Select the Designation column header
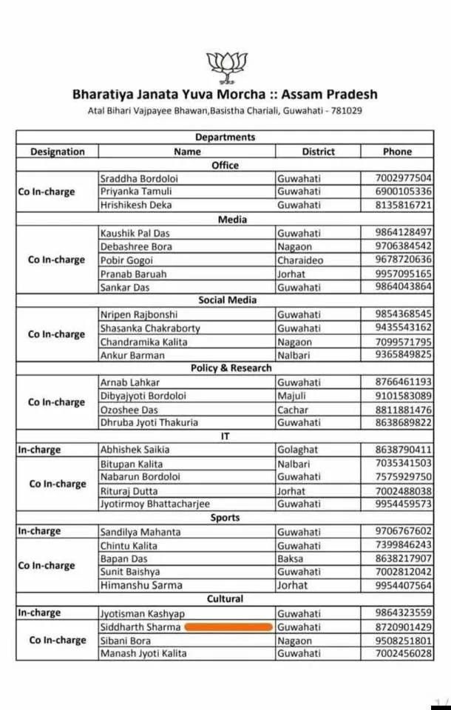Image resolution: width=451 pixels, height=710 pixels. [x=57, y=152]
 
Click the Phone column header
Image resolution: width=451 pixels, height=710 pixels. [x=397, y=152]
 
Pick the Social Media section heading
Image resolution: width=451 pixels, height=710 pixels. [x=227, y=300]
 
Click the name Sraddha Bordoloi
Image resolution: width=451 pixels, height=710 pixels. [x=139, y=178]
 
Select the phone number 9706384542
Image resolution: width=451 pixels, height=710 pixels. [x=403, y=246]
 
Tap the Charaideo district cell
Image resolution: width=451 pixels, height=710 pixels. [x=299, y=260]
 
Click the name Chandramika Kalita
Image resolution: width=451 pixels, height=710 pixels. [x=143, y=342]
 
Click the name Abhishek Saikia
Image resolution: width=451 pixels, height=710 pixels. [x=135, y=450]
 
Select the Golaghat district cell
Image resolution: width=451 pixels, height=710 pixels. [x=297, y=450]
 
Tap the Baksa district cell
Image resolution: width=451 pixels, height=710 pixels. [x=290, y=558]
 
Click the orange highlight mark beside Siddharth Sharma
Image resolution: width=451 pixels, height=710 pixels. [x=228, y=627]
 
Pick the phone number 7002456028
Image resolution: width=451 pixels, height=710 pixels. [x=403, y=654]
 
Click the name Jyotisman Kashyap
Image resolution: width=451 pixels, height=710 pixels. [x=142, y=613]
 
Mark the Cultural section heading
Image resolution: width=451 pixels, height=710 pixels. [x=225, y=599]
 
